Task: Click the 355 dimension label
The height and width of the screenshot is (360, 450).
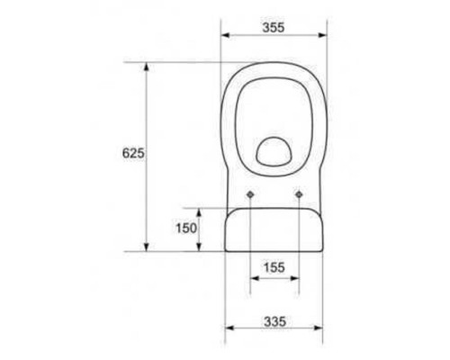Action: [x=274, y=28]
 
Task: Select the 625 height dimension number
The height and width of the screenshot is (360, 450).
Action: [x=133, y=153]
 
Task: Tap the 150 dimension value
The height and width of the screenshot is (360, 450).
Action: [x=186, y=228]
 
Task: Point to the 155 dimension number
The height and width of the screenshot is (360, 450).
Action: [x=274, y=267]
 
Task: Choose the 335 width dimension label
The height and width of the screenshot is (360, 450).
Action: [x=274, y=321]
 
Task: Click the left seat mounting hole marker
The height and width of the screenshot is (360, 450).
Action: [x=250, y=194]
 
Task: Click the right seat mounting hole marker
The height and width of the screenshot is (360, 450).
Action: [x=299, y=194]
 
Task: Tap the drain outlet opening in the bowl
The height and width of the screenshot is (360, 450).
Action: [x=274, y=151]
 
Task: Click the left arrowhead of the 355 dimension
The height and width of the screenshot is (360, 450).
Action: [x=225, y=35]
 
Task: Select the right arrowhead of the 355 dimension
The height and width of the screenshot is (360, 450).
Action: [x=322, y=35]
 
